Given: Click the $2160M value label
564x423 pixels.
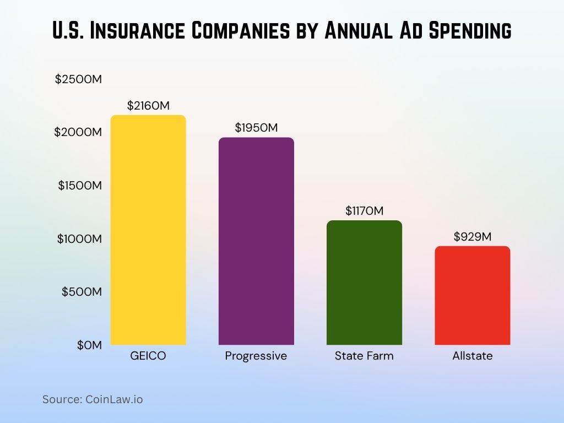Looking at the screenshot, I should click(148, 106).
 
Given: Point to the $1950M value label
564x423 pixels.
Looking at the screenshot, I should click(256, 128).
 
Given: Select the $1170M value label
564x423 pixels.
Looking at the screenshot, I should click(364, 210).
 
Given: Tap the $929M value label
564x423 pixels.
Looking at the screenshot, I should click(472, 236).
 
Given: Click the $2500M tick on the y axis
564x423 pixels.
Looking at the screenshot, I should click(79, 79).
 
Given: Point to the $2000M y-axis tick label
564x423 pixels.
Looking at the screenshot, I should click(79, 132).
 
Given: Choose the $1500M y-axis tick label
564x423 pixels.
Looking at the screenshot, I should click(80, 186).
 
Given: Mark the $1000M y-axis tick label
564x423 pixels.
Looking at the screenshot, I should click(80, 238).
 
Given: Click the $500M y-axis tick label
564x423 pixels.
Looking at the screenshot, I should click(82, 291).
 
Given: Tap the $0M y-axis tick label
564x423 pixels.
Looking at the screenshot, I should click(89, 345).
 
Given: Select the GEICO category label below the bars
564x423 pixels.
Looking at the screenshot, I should click(148, 356).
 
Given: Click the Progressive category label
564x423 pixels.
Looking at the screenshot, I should click(256, 356).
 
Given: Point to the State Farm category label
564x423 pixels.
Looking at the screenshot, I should click(364, 356).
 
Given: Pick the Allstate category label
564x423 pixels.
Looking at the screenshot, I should click(472, 356).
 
